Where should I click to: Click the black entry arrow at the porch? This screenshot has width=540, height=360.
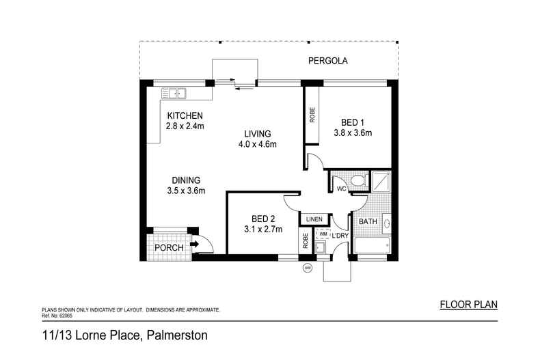click(194, 243)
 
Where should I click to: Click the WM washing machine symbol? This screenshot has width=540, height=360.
click(323, 234)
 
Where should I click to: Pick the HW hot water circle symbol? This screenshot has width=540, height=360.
click(307, 267)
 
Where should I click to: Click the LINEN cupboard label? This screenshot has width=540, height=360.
click(314, 219)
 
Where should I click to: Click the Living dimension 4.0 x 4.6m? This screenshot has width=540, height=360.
click(256, 144)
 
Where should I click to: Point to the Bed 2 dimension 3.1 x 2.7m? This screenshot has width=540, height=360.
click(262, 230)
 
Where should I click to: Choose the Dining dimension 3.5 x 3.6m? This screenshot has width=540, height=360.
click(185, 191)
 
